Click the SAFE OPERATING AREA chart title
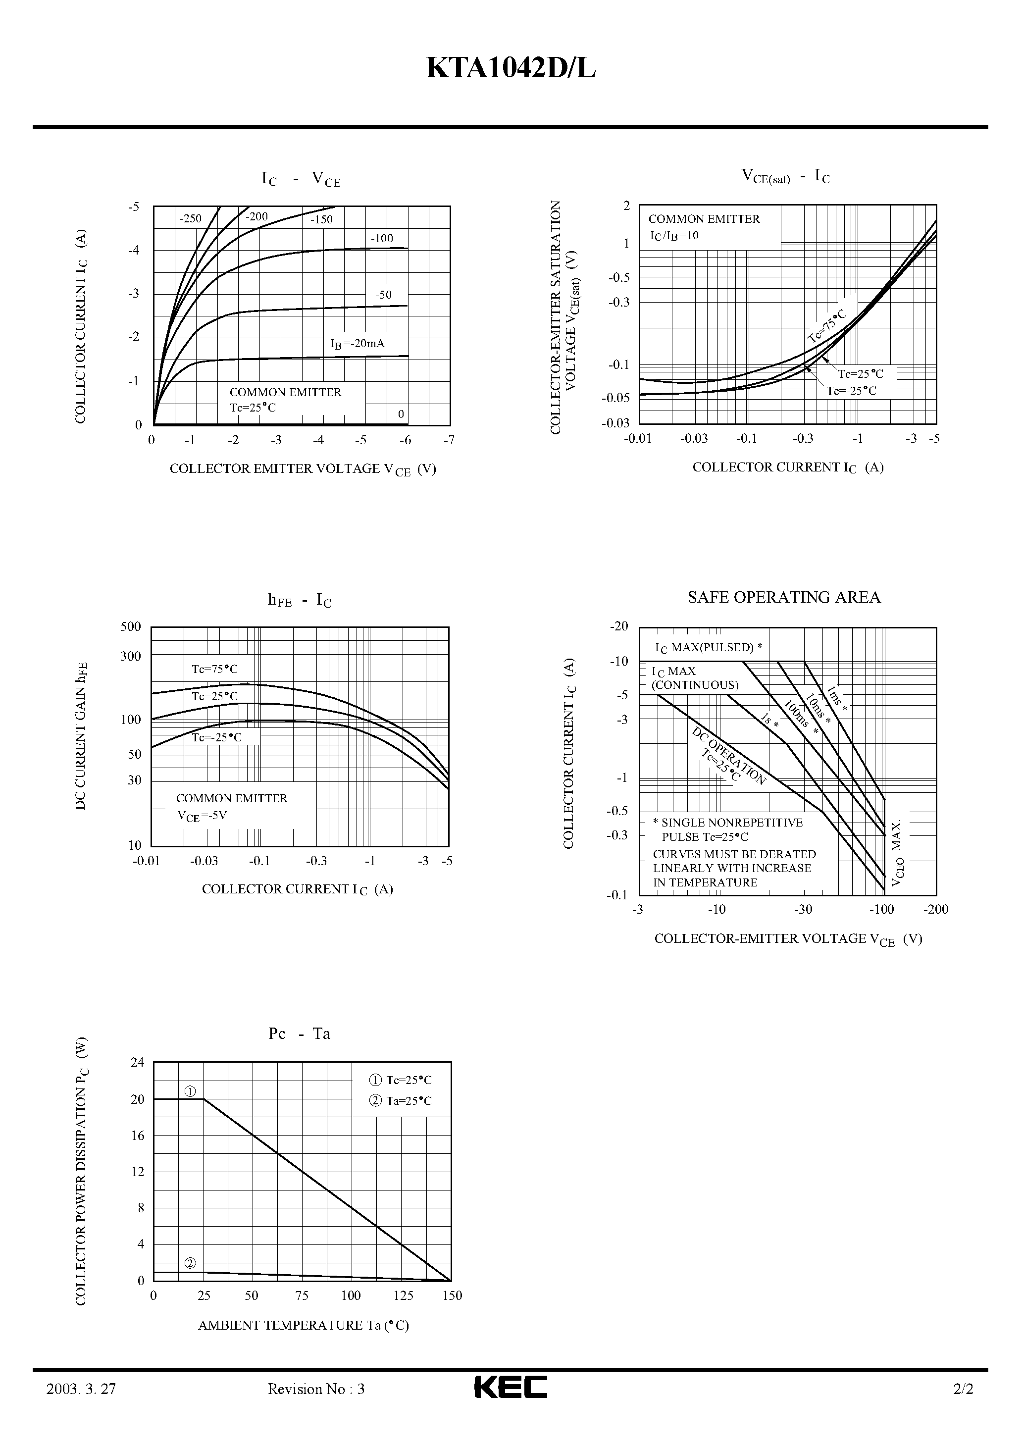(783, 597)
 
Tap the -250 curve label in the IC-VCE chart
(190, 219)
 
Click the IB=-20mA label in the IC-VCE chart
(357, 344)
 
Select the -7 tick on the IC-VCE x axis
(449, 440)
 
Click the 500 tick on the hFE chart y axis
(131, 626)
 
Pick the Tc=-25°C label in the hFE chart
(216, 737)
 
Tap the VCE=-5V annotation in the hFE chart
(202, 816)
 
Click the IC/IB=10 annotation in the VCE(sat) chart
(674, 236)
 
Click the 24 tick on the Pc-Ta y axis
(138, 1063)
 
